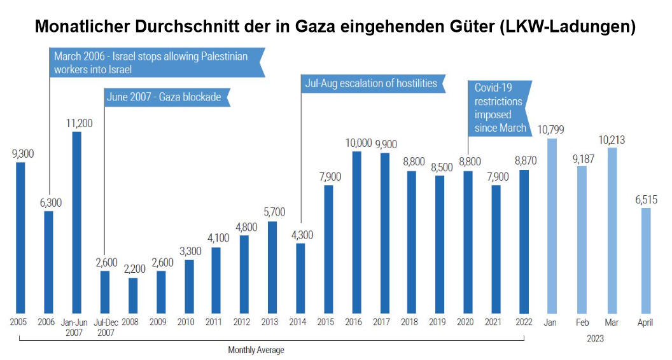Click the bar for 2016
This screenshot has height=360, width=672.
pos(357,232)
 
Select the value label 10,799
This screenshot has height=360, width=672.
pos(551,130)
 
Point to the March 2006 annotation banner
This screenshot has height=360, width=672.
pos(155,62)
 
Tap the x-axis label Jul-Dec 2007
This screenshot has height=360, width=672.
pos(104,327)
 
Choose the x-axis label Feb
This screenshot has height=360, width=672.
pos(582,322)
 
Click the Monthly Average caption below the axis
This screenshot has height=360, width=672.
pos(256,350)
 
